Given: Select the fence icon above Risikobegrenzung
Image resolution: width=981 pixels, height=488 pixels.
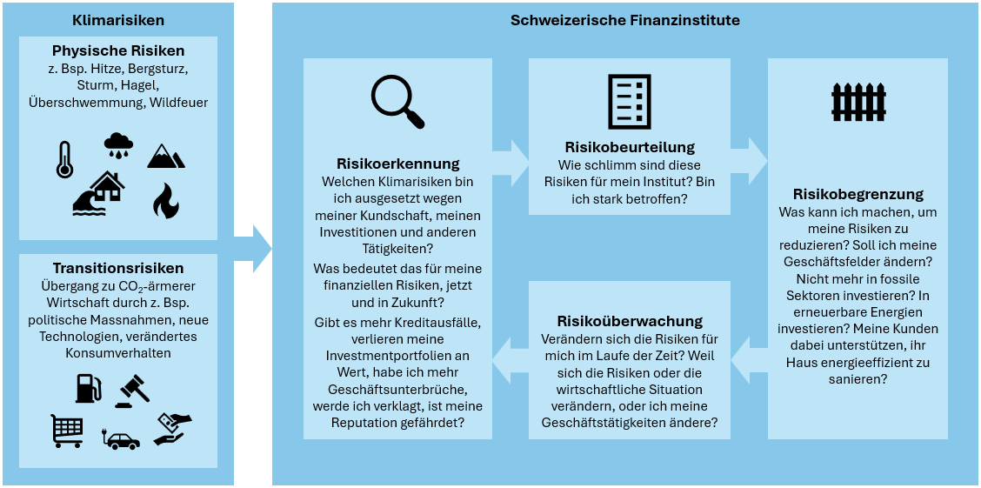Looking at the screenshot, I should tap(858, 103).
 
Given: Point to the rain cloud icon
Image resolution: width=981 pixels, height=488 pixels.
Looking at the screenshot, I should tap(118, 146).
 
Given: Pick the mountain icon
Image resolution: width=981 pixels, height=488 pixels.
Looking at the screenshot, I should tap(165, 156).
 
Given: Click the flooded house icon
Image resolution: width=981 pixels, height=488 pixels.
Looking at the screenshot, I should tap(98, 192).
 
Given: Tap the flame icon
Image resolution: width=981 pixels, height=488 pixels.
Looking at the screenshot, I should tap(165, 200).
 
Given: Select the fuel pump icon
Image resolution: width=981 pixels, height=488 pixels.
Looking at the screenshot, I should tap(88, 388).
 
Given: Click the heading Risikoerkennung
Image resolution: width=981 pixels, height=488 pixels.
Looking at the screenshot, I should tap(397, 164).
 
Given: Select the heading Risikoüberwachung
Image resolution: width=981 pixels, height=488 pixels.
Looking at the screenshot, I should tap(629, 322).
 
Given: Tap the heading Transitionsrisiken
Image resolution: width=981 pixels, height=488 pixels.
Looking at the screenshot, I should tap(117, 268).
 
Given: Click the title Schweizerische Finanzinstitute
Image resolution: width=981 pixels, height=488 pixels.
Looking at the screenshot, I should tap(624, 20).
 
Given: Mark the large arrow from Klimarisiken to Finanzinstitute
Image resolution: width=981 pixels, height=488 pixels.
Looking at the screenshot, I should tap(253, 249).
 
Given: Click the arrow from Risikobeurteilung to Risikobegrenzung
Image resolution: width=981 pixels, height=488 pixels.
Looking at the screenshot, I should tap(749, 159).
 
